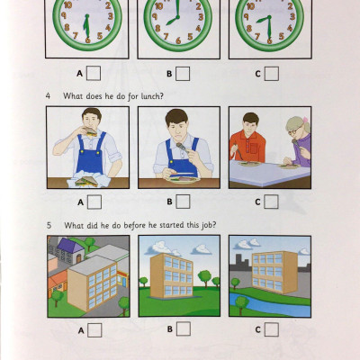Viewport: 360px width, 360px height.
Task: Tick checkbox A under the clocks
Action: pyautogui.click(x=94, y=74)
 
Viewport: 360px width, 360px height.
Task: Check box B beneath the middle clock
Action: pyautogui.click(x=183, y=74)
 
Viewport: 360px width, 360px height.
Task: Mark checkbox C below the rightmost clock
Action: pyautogui.click(x=271, y=74)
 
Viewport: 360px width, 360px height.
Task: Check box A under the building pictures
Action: pyautogui.click(x=94, y=330)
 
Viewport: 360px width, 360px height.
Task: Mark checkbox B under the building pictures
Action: pyautogui.click(x=183, y=330)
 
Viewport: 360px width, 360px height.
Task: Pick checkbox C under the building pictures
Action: pyautogui.click(x=271, y=330)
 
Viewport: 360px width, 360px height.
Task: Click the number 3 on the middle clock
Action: pyautogui.click(x=198, y=20)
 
